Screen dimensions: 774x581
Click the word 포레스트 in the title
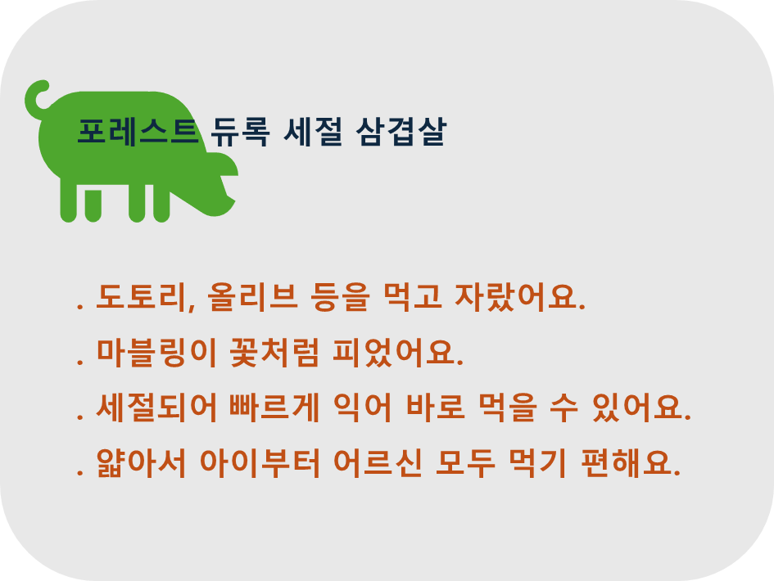point(138,132)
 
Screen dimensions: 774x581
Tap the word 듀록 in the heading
point(241,132)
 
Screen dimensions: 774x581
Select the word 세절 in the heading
point(313,132)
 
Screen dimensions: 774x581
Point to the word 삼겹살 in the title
point(401,132)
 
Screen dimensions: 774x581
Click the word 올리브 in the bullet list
point(253,297)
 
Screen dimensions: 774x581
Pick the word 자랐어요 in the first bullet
point(520,297)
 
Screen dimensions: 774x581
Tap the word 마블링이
point(156,353)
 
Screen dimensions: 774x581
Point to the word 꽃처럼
point(274,353)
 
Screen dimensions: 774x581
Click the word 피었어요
point(398,353)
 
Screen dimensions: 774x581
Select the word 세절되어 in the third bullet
point(156,408)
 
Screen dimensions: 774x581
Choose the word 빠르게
point(274,408)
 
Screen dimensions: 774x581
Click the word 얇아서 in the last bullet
point(141,463)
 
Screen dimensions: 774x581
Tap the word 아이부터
point(260,463)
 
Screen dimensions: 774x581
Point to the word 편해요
point(631,463)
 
